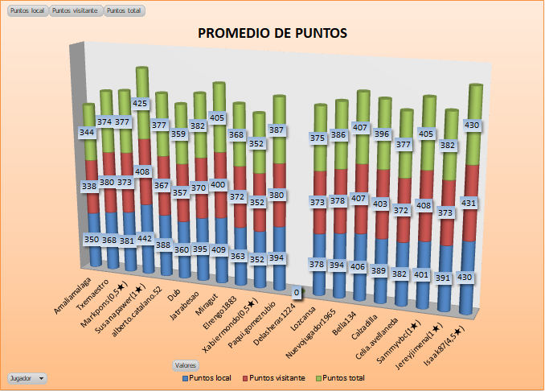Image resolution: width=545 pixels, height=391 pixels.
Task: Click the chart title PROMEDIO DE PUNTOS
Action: pos(272,33)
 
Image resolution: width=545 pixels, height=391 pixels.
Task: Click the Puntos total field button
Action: pos(124,11)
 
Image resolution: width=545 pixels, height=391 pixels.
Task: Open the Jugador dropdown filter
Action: pos(26,377)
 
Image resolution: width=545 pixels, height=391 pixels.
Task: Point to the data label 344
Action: pos(88,131)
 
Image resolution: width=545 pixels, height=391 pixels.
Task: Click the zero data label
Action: pos(297,292)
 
